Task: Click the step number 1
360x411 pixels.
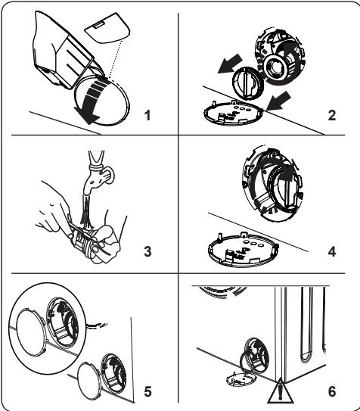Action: pos(148,115)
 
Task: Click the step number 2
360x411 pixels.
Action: pos(332,115)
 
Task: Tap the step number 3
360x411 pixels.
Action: pos(147,251)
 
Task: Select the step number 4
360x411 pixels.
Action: pos(332,251)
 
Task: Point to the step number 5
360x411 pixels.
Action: pos(147,391)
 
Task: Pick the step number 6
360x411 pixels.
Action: pos(332,391)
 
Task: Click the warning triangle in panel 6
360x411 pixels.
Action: pos(281,395)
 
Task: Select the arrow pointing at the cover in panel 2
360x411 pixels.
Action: pos(278,101)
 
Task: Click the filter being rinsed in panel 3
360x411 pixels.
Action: pos(83,240)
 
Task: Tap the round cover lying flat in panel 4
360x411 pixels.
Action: pos(244,249)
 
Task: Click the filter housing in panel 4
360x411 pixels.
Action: pos(273,183)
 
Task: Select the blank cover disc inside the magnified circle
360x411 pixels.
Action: pos(31,332)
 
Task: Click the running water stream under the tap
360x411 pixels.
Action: pos(86,210)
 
